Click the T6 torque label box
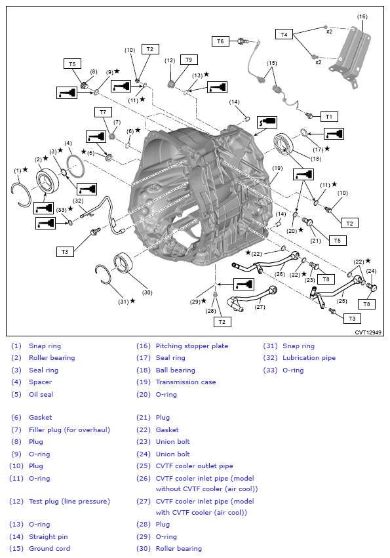click(x=220, y=41)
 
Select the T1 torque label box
click(x=328, y=116)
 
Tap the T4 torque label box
click(x=284, y=34)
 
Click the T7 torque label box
click(x=103, y=112)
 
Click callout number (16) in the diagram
click(x=362, y=16)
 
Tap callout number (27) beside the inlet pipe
click(x=260, y=306)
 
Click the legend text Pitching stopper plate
click(x=191, y=346)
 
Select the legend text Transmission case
click(x=185, y=382)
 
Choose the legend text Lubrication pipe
click(x=309, y=358)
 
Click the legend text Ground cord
click(x=49, y=548)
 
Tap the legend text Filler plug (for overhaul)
click(x=69, y=429)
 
